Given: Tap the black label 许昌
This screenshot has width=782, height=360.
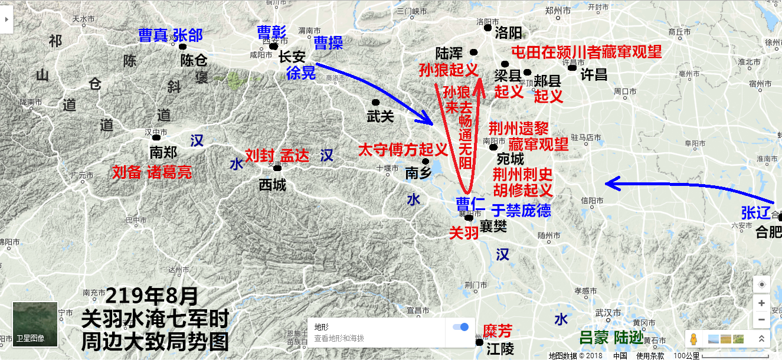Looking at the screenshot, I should (x=594, y=74).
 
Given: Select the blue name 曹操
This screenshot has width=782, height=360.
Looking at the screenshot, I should (x=328, y=42).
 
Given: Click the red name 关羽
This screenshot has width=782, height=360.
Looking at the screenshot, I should (x=463, y=233).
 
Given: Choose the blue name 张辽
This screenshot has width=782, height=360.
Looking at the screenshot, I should (x=756, y=212).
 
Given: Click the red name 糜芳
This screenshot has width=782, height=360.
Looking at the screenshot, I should (x=497, y=330).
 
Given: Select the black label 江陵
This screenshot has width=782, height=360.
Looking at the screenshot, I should (x=500, y=349).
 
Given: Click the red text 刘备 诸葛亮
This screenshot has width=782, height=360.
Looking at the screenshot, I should (x=152, y=172).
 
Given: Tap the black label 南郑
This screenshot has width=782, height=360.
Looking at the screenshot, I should (x=163, y=152).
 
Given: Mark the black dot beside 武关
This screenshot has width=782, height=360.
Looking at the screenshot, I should (x=375, y=102).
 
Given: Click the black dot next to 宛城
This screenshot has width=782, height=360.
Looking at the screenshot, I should (x=493, y=147).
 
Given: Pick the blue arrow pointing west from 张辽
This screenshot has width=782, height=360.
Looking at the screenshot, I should (x=679, y=188).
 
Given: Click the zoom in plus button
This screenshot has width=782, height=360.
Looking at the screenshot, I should (x=761, y=303).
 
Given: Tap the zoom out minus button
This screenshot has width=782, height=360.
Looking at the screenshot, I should (x=761, y=319).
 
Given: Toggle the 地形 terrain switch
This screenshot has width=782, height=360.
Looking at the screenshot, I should (x=460, y=327).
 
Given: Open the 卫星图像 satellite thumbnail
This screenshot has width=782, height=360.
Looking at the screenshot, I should (x=35, y=324).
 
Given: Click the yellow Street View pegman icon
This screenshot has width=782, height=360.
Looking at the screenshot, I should (x=693, y=339).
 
